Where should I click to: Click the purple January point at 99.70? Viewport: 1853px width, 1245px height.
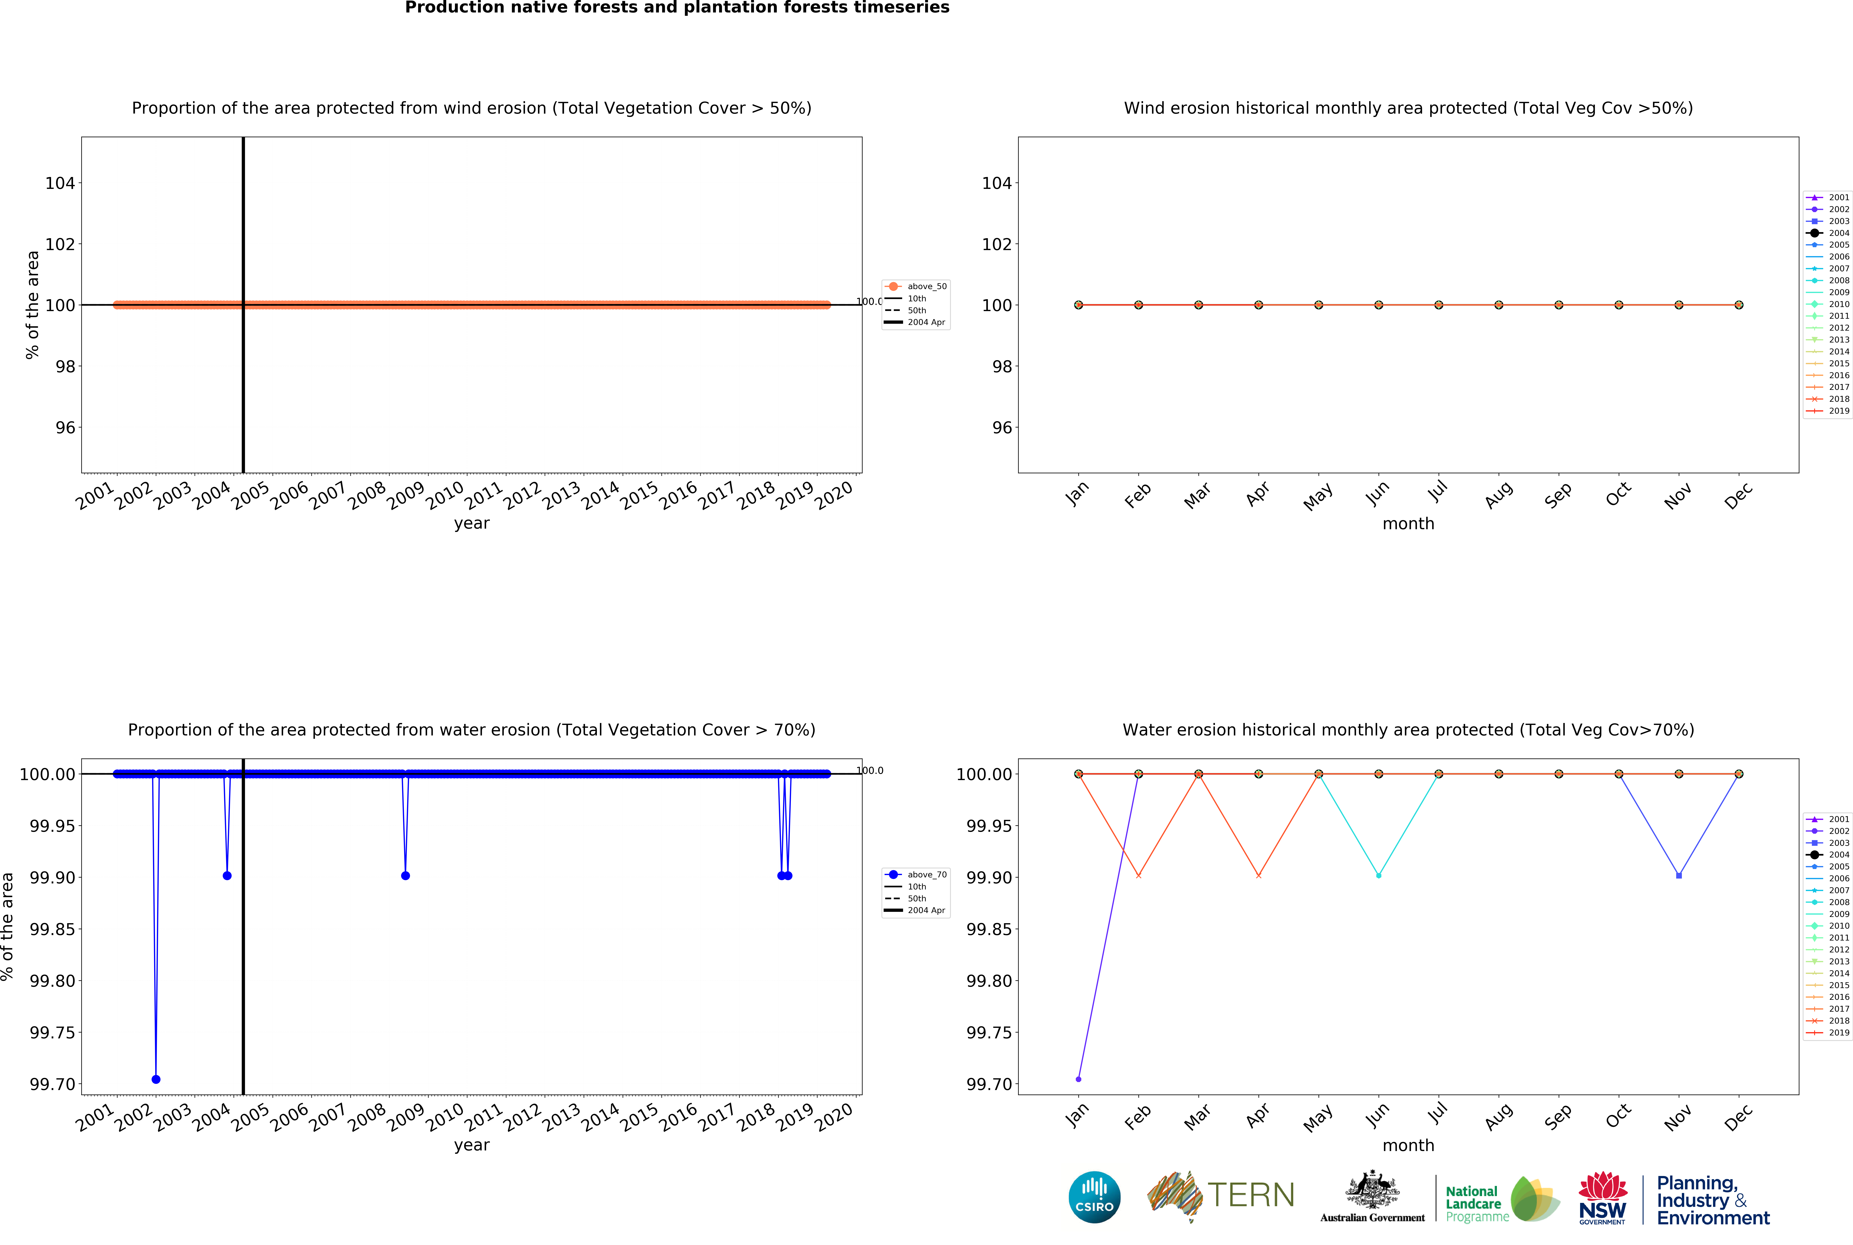pyautogui.click(x=1078, y=1079)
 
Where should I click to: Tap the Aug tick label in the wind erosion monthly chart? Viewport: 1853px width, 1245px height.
pyautogui.click(x=1498, y=496)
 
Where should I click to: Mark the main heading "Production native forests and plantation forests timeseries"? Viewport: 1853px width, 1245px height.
pyautogui.click(x=677, y=8)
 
